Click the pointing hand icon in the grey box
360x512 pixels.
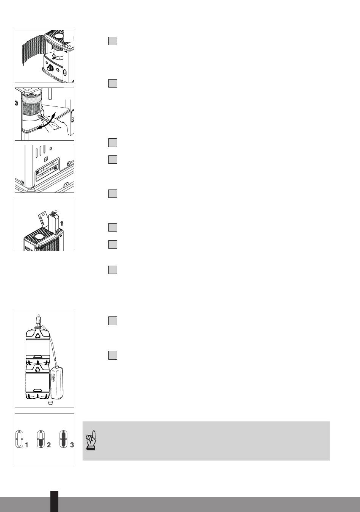[x=91, y=440]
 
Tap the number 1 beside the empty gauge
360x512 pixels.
[x=27, y=445]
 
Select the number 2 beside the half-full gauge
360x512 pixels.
[x=49, y=445]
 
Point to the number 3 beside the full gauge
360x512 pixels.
[x=72, y=445]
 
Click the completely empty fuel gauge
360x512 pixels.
[x=19, y=439]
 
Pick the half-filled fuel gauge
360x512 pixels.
[x=41, y=439]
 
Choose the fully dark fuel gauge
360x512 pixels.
[x=63, y=439]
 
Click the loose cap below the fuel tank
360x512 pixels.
[x=50, y=403]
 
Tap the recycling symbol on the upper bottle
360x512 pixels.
[x=38, y=335]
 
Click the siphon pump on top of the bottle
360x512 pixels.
[x=38, y=320]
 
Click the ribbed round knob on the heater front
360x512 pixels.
[x=50, y=68]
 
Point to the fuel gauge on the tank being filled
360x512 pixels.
[x=53, y=378]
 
